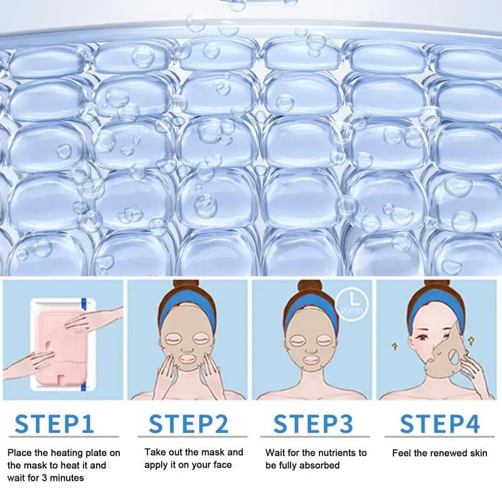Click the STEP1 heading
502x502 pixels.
coord(55,424)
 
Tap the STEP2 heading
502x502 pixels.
coord(189,424)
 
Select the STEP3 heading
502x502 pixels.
coord(313,424)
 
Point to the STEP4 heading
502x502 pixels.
coord(440,424)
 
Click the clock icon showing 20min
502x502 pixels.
coord(352,304)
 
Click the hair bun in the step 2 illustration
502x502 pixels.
coord(186,287)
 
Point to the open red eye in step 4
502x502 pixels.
coord(420,337)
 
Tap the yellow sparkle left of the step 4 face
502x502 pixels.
coord(395,346)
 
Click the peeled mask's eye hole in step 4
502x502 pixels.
coord(454,358)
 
